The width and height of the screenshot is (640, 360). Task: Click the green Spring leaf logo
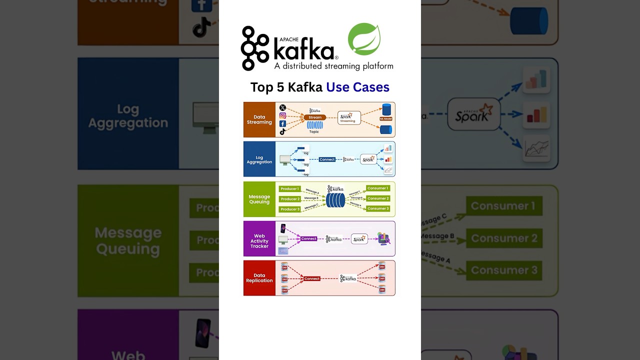364,39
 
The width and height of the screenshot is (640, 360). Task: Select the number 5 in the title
280,87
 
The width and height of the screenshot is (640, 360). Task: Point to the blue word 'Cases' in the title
371,87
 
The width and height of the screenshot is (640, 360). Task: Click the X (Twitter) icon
282,108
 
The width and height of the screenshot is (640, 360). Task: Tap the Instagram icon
282,116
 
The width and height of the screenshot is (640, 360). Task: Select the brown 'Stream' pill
315,117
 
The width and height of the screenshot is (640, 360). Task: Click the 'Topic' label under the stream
314,132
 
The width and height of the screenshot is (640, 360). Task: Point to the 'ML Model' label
385,119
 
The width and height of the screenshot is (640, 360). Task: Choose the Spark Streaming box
348,118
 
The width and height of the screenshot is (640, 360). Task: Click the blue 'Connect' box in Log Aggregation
327,159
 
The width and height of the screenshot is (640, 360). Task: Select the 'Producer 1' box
290,188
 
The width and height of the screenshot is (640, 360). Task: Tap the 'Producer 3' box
290,209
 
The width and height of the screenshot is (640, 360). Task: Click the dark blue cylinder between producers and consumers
335,200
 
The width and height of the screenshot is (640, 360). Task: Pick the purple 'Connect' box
308,238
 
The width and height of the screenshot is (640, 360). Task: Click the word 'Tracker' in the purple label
259,246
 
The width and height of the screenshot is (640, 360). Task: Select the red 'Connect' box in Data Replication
311,278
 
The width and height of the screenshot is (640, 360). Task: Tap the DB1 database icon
284,266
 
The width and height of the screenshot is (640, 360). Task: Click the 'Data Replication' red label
259,278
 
